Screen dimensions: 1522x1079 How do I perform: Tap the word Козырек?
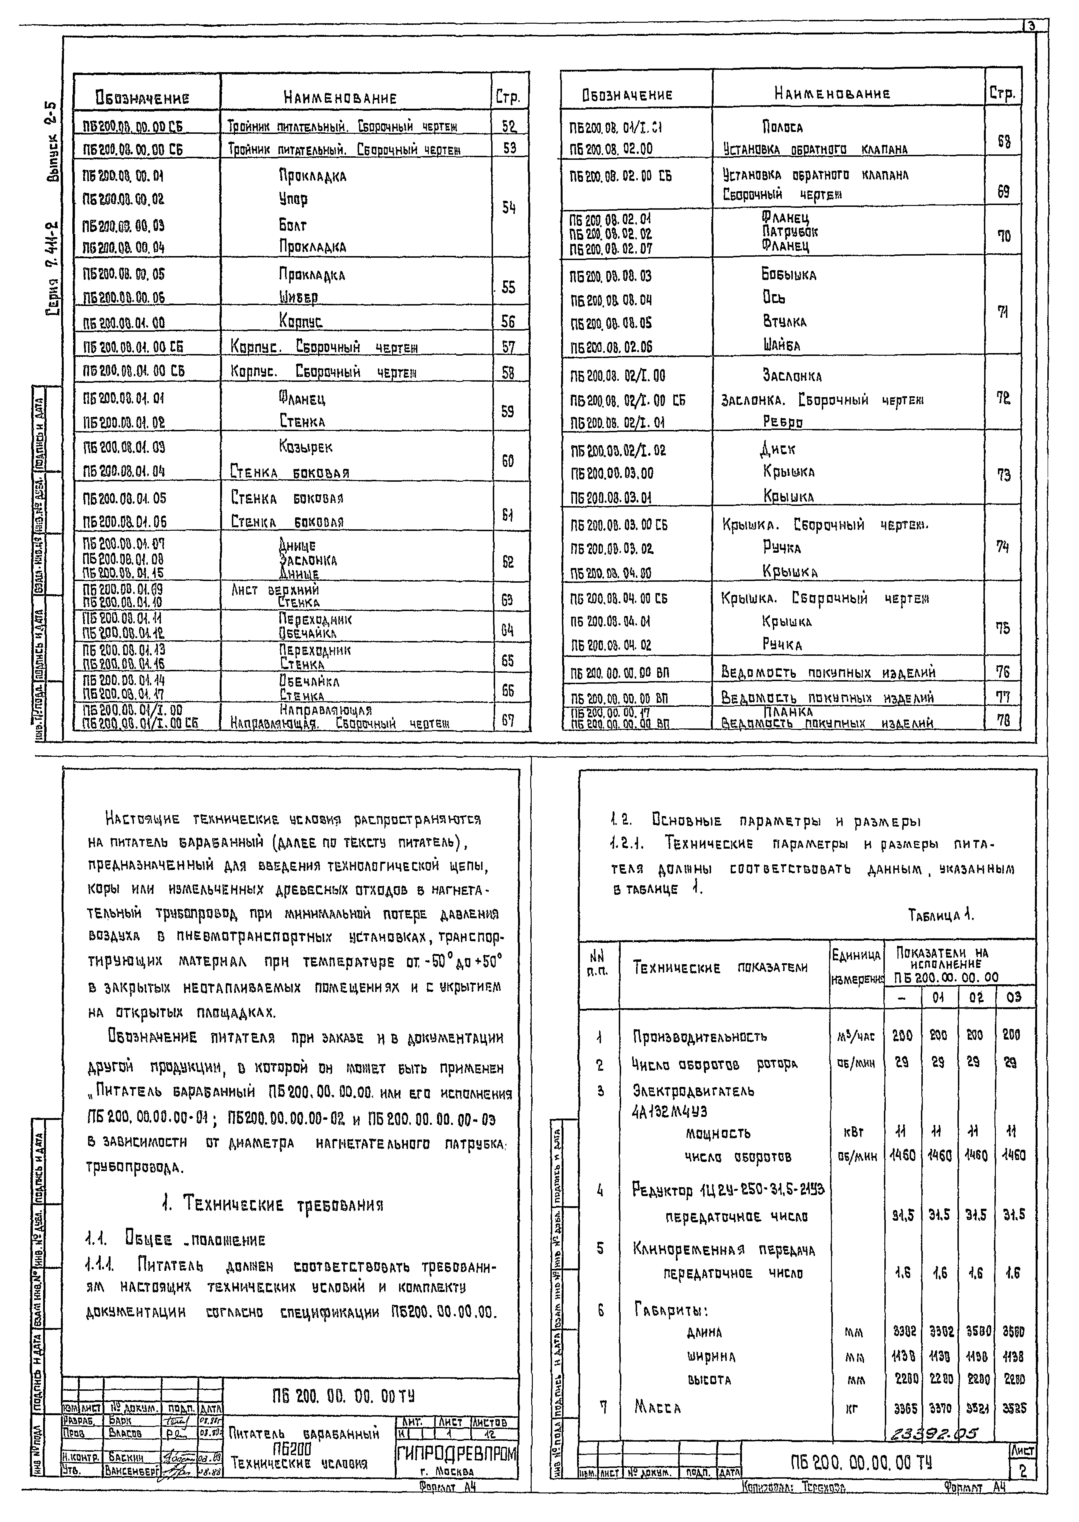point(306,447)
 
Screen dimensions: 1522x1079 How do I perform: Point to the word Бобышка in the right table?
point(789,275)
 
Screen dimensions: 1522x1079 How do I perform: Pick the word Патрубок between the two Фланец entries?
point(790,232)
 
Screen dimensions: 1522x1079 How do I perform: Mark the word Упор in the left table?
point(293,199)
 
